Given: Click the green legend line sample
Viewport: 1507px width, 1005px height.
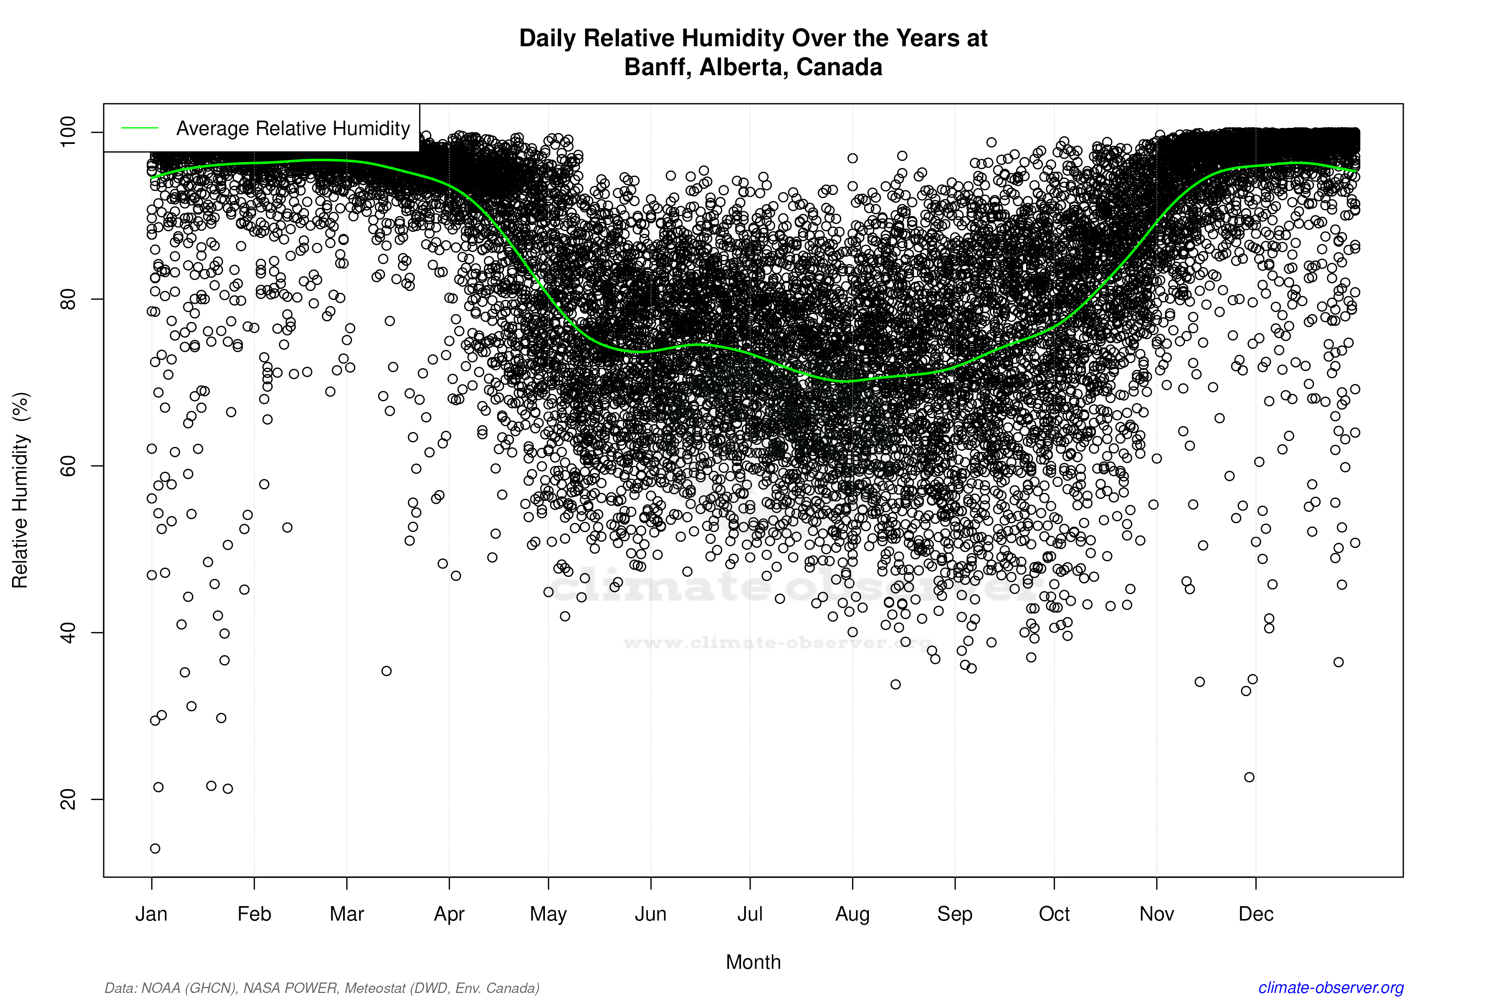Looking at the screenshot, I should (140, 128).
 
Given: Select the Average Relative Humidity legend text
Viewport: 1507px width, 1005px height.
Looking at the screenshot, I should (293, 128).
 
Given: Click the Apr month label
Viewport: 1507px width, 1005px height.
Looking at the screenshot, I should (449, 914).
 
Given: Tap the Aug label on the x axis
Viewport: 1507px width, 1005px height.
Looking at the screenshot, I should (852, 914).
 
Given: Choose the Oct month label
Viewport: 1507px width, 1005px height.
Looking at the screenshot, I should (1054, 914).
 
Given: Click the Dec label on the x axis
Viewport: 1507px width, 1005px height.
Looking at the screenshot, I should (1256, 914).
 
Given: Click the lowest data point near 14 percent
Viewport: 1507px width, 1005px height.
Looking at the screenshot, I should (155, 849).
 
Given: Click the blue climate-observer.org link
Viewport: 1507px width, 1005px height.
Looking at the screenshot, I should (1331, 988).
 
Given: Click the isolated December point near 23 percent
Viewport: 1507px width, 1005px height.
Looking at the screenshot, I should (1249, 777).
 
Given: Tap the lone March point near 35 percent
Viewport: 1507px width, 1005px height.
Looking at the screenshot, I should (386, 671).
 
